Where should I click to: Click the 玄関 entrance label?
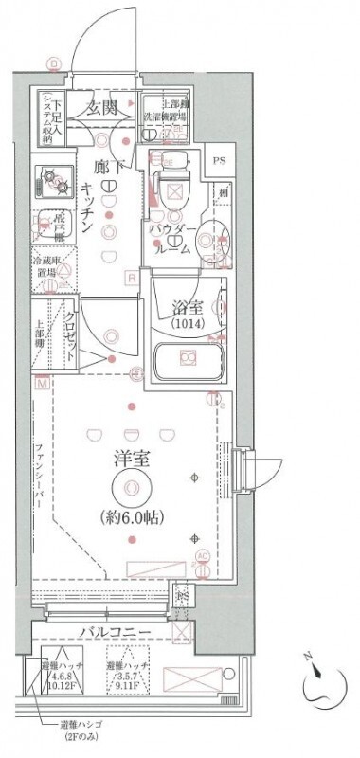click(101, 108)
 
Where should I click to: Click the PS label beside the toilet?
click(219, 160)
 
